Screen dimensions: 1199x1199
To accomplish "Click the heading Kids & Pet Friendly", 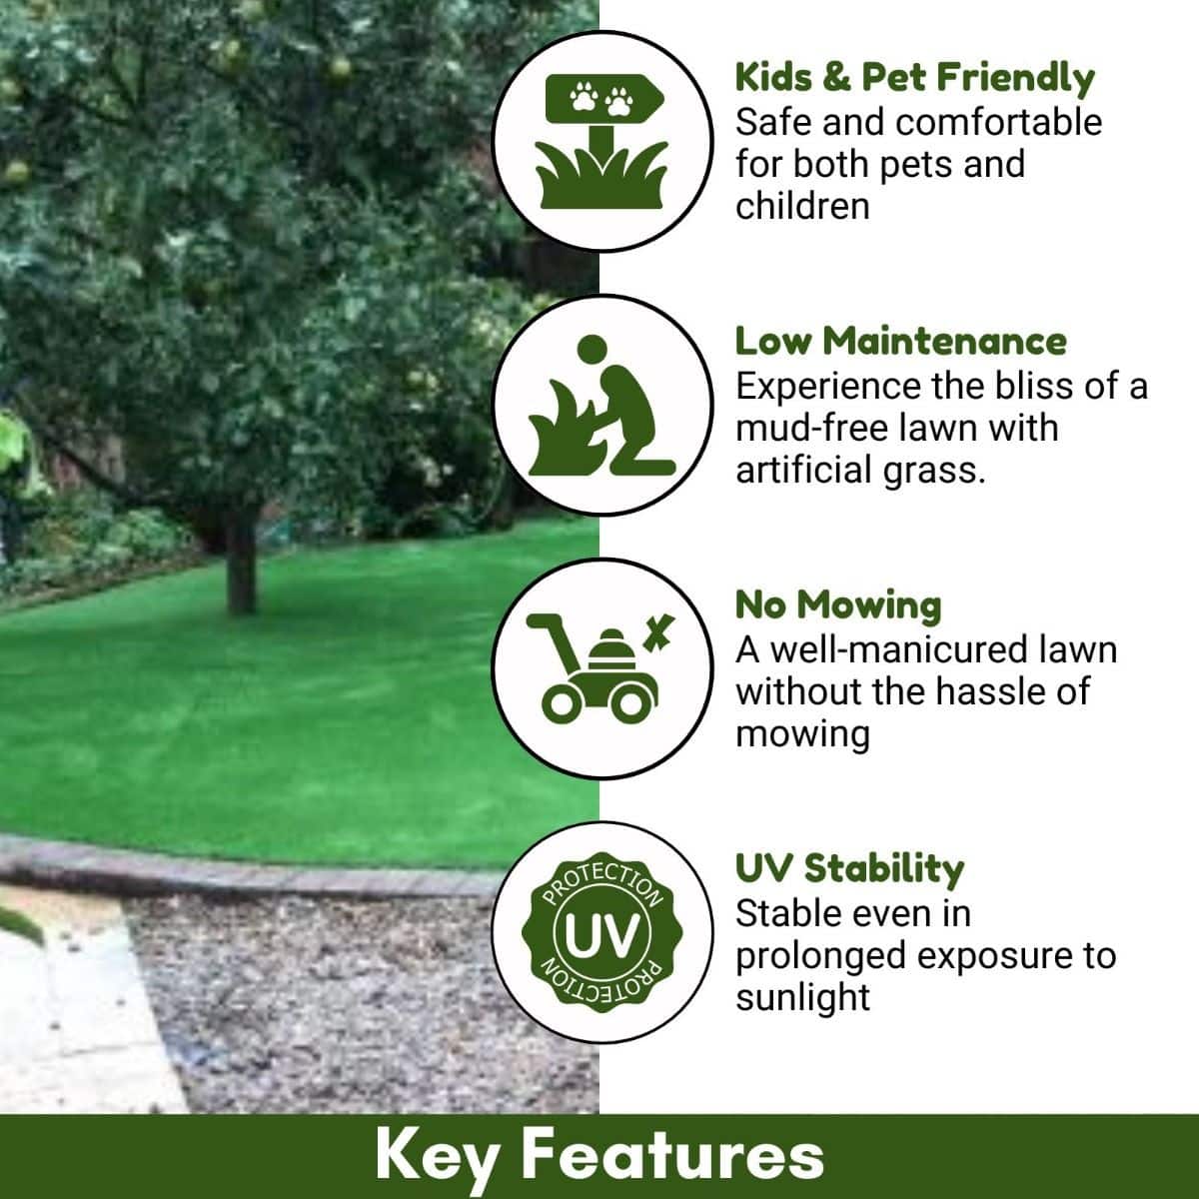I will [914, 78].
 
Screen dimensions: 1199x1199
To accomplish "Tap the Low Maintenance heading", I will [900, 341].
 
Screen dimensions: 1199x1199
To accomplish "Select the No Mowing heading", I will [837, 604].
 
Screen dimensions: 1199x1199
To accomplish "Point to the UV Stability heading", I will [849, 868].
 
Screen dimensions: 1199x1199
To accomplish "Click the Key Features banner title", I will [599, 1156].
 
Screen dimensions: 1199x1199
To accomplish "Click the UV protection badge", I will [601, 933].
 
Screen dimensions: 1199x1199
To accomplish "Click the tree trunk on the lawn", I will [240, 565].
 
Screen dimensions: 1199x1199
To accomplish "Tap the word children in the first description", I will [801, 207].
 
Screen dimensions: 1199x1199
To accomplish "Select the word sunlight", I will [802, 997].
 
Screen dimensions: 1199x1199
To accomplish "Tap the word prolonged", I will [821, 956].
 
